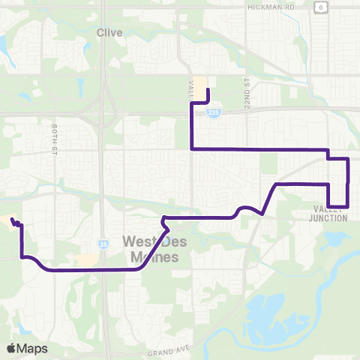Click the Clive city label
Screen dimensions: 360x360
click(x=109, y=32)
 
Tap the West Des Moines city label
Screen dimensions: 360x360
click(x=150, y=250)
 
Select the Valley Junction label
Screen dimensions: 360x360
click(x=328, y=214)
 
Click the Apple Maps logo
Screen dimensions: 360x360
click(x=26, y=348)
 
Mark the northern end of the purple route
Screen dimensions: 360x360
click(x=208, y=91)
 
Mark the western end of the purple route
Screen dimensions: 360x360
click(x=12, y=219)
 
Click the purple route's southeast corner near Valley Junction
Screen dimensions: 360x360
click(x=347, y=205)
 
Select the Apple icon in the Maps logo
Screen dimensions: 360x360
click(x=12, y=348)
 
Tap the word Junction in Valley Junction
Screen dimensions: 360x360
click(x=328, y=218)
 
